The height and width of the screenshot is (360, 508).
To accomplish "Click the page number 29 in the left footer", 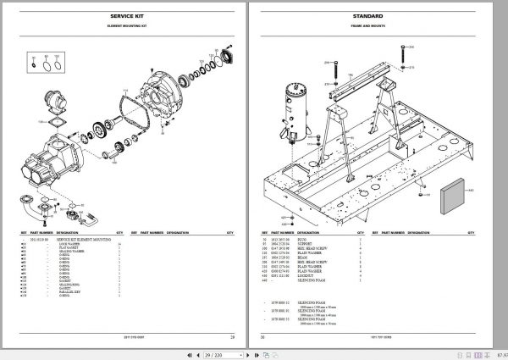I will click(231, 337).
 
